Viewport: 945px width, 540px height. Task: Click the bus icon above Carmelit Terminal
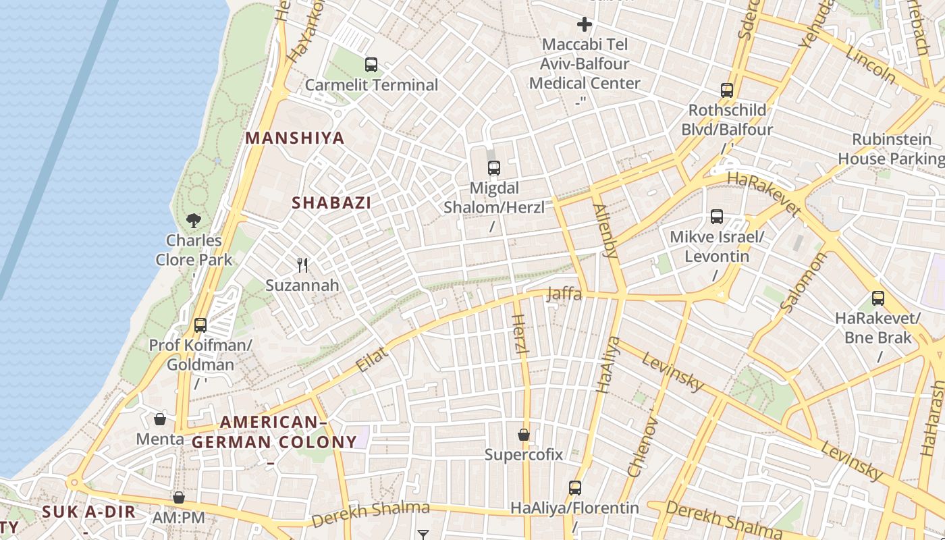tap(371, 65)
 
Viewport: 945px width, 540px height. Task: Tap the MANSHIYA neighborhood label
tap(294, 138)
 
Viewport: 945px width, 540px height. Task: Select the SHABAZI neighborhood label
tap(331, 202)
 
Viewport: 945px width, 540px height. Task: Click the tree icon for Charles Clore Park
tap(194, 220)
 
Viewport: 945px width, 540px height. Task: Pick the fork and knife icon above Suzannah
tap(302, 265)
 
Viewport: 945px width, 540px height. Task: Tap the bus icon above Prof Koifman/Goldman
tap(200, 325)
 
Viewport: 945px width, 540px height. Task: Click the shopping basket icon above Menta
tap(160, 419)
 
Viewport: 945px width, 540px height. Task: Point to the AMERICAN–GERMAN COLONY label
tap(274, 433)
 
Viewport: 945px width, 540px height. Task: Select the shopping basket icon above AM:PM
tap(179, 497)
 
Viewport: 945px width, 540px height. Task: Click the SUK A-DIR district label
tap(89, 512)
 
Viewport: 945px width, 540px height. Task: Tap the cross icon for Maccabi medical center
tap(585, 25)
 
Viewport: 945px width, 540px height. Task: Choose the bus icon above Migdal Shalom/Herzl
tap(494, 168)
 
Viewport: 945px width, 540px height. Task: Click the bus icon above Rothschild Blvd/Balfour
tap(727, 90)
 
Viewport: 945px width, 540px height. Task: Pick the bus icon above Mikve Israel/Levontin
tap(717, 217)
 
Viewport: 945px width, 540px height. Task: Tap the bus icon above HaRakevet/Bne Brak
tap(878, 298)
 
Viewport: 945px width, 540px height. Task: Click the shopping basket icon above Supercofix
tap(524, 434)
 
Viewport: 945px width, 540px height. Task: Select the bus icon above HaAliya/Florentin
tap(574, 487)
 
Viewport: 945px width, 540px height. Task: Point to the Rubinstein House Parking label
tap(891, 149)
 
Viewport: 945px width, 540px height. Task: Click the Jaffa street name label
tap(564, 294)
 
